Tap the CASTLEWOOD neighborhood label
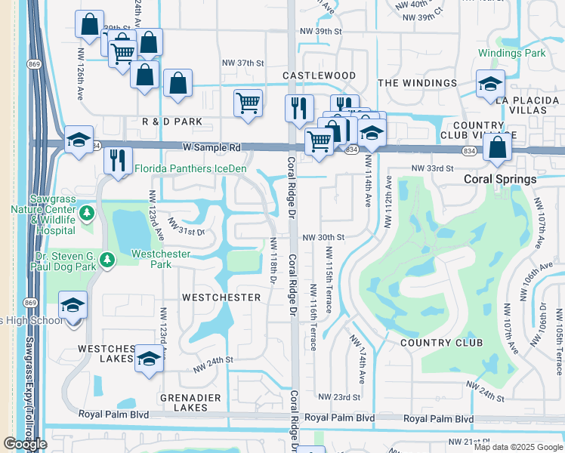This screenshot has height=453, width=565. [x=319, y=76]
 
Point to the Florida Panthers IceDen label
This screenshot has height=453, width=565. [x=190, y=168]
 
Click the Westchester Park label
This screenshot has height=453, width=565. [x=161, y=260]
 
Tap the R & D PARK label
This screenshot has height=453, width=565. [x=171, y=122]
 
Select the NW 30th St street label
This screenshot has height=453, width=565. [x=323, y=237]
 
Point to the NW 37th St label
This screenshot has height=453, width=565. [x=242, y=63]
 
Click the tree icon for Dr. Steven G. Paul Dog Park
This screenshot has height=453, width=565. [x=107, y=260]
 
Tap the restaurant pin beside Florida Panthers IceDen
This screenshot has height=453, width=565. [x=117, y=160]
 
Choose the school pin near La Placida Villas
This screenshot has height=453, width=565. [x=490, y=83]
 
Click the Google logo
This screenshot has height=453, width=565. [x=25, y=444]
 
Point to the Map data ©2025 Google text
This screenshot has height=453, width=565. [x=517, y=447]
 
